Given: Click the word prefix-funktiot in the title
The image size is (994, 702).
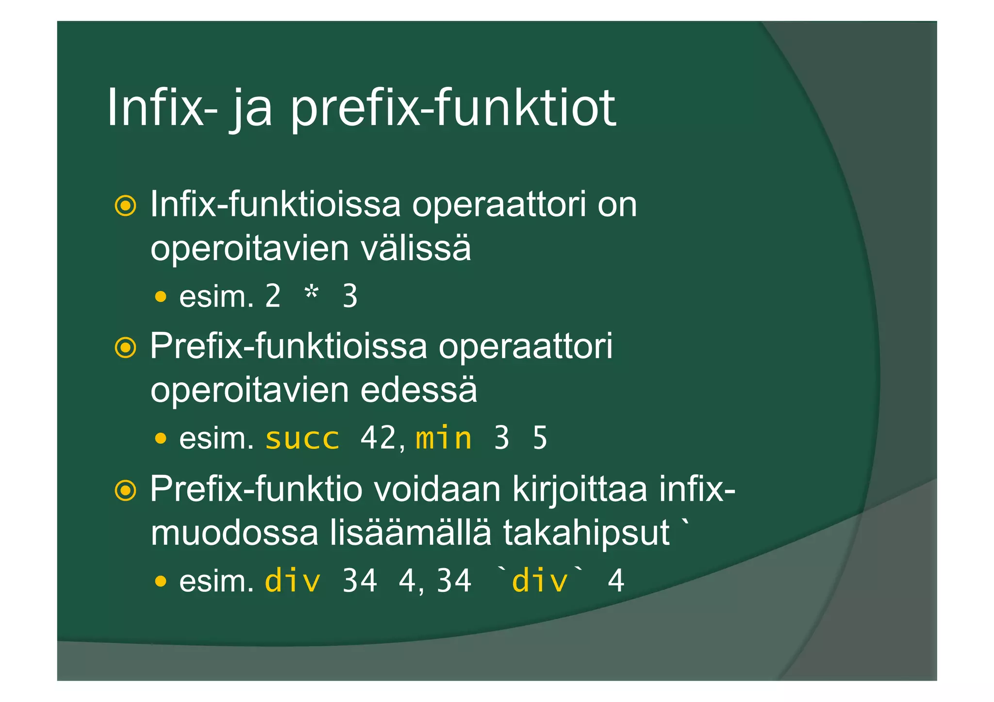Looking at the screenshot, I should [452, 109].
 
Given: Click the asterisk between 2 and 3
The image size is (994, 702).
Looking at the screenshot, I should [311, 294].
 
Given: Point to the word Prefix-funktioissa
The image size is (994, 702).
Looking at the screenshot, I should [288, 347].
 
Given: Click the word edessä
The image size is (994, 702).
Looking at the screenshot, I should [418, 391].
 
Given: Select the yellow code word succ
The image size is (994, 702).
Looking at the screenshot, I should [302, 439].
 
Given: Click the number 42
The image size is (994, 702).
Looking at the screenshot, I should [378, 438].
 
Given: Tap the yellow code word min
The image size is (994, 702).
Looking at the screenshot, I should [444, 439].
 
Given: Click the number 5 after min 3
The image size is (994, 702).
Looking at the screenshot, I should [540, 439].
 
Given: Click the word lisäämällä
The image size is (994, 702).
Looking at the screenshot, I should [411, 533].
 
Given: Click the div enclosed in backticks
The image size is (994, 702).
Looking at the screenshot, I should [540, 580].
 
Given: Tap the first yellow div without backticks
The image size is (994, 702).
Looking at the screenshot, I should [292, 580].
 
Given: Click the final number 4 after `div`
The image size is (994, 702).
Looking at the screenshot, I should [615, 581].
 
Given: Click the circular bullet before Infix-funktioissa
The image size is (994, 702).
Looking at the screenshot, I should [125, 206].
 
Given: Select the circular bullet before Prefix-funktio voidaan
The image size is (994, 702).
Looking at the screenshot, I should [125, 490].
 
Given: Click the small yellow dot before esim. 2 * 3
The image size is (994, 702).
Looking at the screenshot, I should [161, 296].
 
